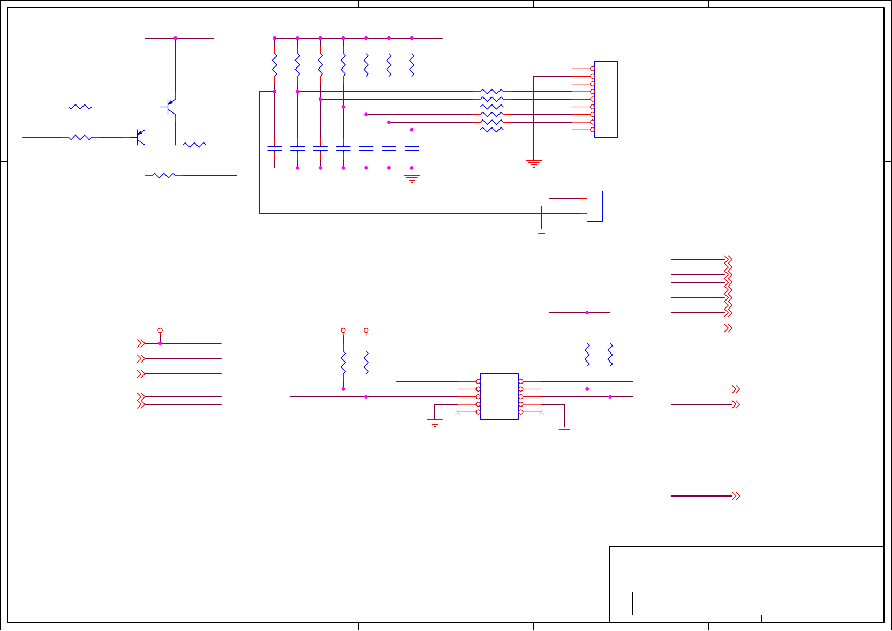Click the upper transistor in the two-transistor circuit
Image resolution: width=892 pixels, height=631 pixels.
coord(171,107)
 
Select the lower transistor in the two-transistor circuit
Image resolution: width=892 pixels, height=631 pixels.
coord(141,137)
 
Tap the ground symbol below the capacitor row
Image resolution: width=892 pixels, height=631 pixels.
coord(412,179)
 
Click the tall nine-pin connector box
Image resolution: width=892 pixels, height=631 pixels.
coord(606,99)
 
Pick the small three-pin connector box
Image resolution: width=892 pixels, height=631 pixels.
coord(595,206)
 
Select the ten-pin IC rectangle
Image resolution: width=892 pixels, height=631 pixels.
coord(500,396)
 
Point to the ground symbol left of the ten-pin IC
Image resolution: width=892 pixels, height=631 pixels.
coord(434,423)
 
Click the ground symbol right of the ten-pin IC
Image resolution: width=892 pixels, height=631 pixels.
coord(564,430)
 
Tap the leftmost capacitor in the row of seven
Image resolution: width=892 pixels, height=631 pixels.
coord(274,148)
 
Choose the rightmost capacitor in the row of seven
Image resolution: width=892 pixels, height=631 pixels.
coord(412,148)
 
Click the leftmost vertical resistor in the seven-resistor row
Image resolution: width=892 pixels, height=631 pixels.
coord(274,65)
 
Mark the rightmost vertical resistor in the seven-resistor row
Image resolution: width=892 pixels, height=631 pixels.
coord(412,65)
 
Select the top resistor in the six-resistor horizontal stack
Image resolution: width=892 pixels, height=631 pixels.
coord(492,92)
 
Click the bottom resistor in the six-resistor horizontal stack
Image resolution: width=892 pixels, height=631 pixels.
coord(492,130)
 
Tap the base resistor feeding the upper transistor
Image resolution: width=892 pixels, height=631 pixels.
coord(80,107)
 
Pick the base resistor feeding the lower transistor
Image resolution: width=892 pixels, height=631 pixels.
coord(80,138)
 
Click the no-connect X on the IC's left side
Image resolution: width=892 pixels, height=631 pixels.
coord(457,412)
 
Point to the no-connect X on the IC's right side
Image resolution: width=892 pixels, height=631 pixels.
coord(542,412)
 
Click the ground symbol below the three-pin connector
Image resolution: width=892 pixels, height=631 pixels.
coord(541,232)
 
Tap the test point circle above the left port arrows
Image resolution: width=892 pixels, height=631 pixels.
coord(160,330)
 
